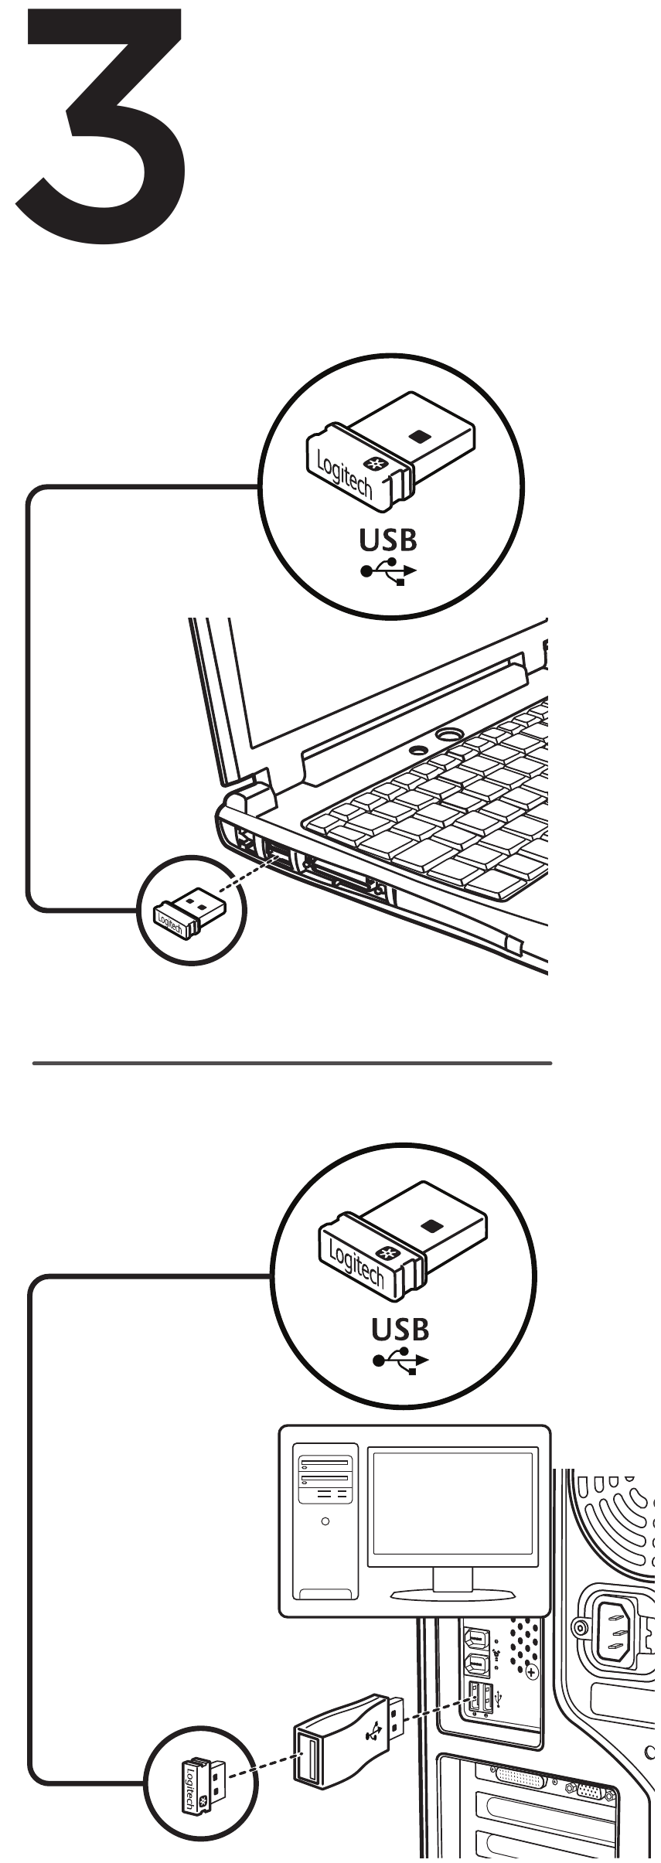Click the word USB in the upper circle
tap(387, 540)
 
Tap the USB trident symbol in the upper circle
tap(387, 571)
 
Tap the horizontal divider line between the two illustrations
tap(292, 1064)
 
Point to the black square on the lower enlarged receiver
tap(432, 1224)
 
